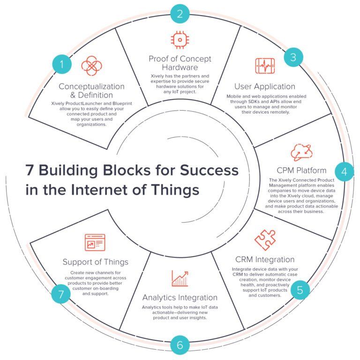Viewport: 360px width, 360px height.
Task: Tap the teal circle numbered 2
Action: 180,14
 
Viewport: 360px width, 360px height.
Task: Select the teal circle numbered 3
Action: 293,58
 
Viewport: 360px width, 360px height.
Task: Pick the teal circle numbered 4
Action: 345,172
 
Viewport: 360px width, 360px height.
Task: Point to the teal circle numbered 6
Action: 180,346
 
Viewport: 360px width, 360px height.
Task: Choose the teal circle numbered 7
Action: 60,294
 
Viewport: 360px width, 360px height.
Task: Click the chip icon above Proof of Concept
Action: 180,40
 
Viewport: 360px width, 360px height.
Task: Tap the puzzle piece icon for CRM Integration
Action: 265,240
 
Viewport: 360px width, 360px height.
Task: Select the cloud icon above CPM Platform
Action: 301,152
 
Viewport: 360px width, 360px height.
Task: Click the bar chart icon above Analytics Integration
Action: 180,278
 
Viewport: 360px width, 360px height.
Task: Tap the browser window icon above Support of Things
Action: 95,243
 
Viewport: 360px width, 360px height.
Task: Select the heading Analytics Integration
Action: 180,297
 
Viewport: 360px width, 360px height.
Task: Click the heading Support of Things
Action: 95,262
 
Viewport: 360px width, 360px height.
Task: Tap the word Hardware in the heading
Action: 180,67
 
